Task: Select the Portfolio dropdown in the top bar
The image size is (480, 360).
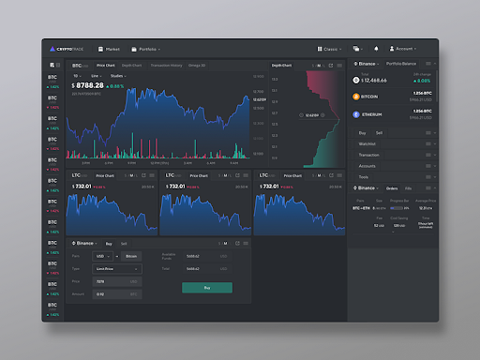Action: click(x=149, y=48)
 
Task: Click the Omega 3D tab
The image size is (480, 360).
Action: click(x=196, y=66)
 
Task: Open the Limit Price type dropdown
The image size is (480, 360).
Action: click(x=117, y=268)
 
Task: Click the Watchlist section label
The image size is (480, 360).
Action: click(x=368, y=143)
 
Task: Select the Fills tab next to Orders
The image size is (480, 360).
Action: click(x=407, y=187)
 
